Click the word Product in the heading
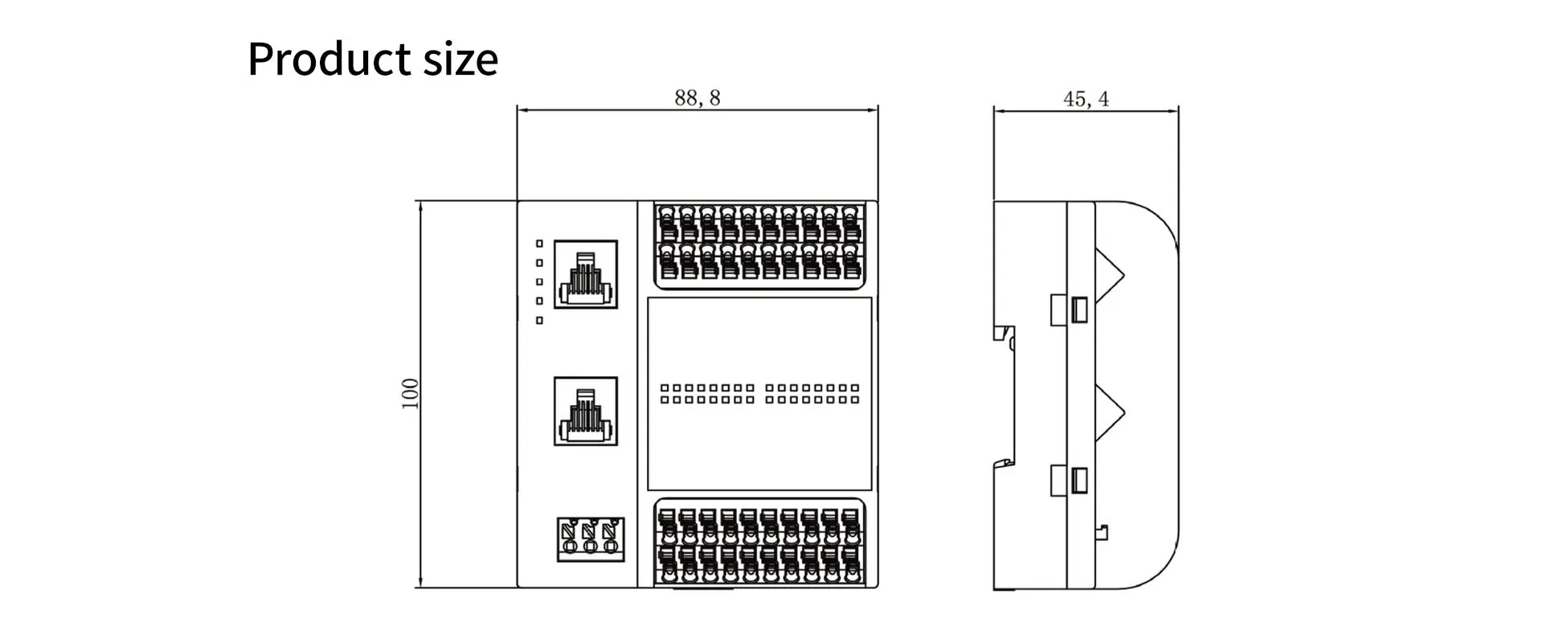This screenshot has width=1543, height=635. point(329,59)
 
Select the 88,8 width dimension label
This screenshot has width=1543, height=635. point(697,98)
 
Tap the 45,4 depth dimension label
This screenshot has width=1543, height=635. point(1085,99)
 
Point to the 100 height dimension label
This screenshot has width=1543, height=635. point(410,394)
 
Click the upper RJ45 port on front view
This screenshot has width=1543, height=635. point(586,274)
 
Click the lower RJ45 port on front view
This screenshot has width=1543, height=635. point(586,411)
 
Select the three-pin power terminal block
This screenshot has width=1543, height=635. point(591,539)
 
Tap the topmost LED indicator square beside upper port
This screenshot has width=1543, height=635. point(539,244)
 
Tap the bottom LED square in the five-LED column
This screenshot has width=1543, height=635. point(539,321)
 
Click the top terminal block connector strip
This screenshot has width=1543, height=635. point(759,244)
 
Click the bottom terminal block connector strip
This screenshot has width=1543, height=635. point(759,543)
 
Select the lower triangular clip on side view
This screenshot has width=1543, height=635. point(1109,412)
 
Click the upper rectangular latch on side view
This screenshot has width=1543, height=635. point(1070,309)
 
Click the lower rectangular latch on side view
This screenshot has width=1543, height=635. point(1070,480)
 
